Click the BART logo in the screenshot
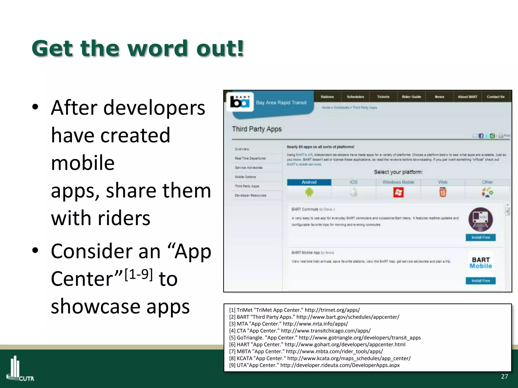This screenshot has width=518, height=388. (240, 102)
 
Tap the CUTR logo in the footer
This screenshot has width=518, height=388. (20, 369)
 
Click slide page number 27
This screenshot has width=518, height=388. (504, 376)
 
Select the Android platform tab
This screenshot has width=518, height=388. (309, 182)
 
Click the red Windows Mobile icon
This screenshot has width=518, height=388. (398, 193)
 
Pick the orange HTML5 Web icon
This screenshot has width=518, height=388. (443, 193)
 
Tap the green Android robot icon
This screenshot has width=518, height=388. (309, 193)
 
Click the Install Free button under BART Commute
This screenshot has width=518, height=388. (480, 237)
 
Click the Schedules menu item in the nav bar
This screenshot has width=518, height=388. (355, 97)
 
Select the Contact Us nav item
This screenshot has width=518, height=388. (495, 97)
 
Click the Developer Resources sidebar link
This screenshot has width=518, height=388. (250, 196)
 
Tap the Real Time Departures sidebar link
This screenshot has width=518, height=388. (250, 158)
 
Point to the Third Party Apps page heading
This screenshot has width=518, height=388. (257, 129)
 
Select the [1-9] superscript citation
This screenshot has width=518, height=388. (139, 274)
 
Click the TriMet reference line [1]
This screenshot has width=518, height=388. (294, 310)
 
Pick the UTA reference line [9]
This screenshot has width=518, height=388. (314, 365)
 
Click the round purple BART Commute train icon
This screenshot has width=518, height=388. (480, 219)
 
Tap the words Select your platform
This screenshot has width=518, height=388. (398, 172)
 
